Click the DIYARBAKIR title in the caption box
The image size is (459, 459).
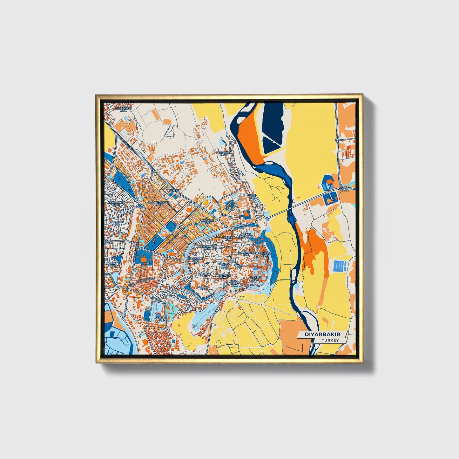318,334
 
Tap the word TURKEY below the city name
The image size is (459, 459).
330,340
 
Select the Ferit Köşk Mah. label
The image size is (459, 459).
224,154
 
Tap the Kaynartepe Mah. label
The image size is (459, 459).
117,203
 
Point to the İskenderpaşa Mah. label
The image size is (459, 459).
206,247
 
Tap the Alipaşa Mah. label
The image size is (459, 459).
203,288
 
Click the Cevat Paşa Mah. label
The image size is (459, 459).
247,235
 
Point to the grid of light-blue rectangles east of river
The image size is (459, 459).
340,266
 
